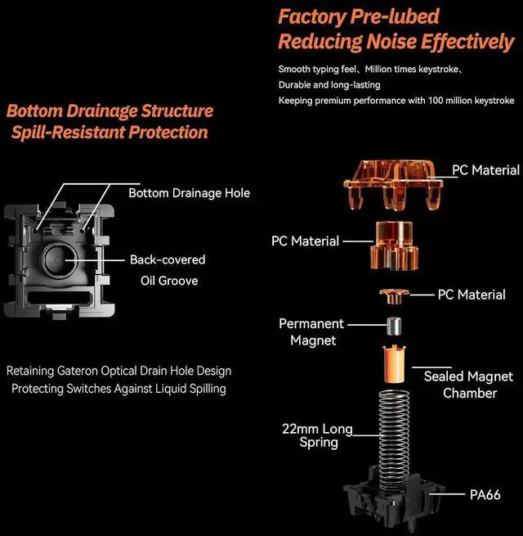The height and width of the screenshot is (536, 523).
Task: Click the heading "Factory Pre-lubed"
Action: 359,16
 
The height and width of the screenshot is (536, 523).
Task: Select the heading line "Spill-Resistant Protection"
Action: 110,133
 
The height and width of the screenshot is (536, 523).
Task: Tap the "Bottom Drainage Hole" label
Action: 189,193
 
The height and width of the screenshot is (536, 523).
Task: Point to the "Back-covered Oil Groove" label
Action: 168,270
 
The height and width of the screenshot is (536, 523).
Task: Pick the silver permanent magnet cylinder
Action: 393,324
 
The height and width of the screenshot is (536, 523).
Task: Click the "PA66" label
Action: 485,494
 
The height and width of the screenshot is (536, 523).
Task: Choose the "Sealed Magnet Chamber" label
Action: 468,385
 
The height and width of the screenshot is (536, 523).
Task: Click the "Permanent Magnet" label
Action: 312,331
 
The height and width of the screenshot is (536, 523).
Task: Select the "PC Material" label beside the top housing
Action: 485,170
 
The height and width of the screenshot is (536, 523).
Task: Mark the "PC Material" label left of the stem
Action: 305,241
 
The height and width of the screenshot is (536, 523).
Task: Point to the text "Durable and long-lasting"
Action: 329,84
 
